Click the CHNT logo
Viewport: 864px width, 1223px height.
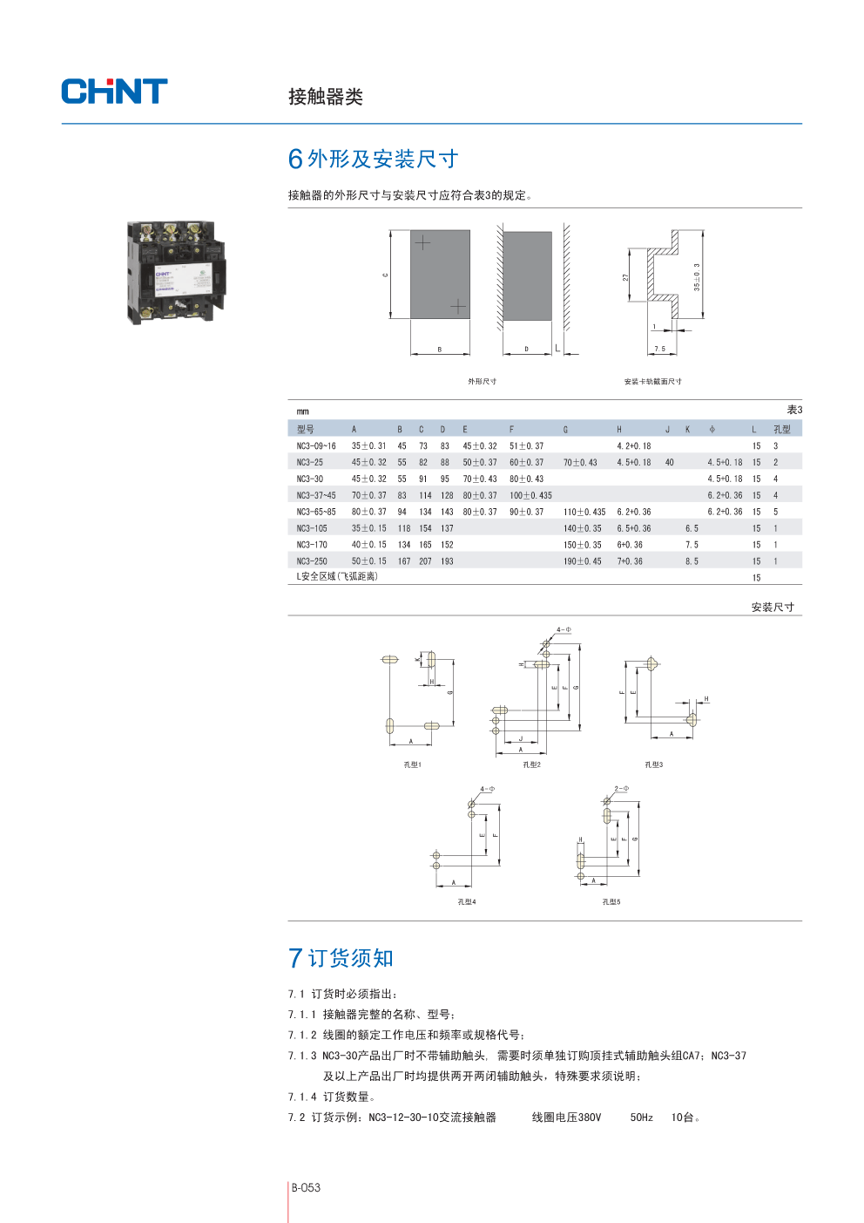pyautogui.click(x=114, y=92)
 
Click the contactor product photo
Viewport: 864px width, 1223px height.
pyautogui.click(x=177, y=272)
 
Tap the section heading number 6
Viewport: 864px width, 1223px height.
pyautogui.click(x=295, y=160)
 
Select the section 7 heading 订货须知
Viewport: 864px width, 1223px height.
pyautogui.click(x=351, y=959)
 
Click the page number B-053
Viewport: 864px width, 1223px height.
pyautogui.click(x=306, y=1187)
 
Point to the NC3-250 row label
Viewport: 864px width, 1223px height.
pyautogui.click(x=312, y=561)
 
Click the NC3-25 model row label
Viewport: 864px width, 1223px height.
pyautogui.click(x=309, y=462)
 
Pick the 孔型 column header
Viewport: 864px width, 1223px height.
pyautogui.click(x=782, y=429)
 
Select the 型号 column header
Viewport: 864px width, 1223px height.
pyautogui.click(x=305, y=429)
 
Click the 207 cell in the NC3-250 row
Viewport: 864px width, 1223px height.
pyautogui.click(x=425, y=561)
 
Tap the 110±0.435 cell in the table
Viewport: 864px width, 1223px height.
pyautogui.click(x=584, y=512)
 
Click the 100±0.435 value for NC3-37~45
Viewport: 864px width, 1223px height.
pyautogui.click(x=530, y=495)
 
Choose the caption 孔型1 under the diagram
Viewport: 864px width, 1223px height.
pyautogui.click(x=412, y=764)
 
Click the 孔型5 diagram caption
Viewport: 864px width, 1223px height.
pyautogui.click(x=611, y=901)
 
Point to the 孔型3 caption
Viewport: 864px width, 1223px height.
pyautogui.click(x=653, y=764)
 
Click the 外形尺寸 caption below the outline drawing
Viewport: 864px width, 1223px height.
pyautogui.click(x=482, y=381)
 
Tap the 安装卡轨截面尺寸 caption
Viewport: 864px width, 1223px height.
pyautogui.click(x=652, y=381)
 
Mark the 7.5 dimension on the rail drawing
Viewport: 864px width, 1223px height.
pyautogui.click(x=659, y=349)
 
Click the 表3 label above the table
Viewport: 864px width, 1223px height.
pyautogui.click(x=794, y=410)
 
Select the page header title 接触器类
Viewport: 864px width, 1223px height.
pyautogui.click(x=326, y=97)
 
